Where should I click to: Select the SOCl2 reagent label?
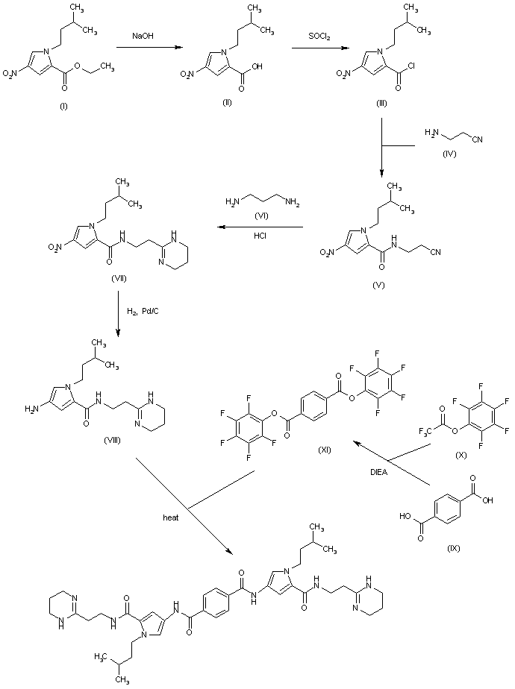322,36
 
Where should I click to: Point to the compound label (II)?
227,102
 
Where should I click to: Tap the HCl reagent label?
265,236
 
